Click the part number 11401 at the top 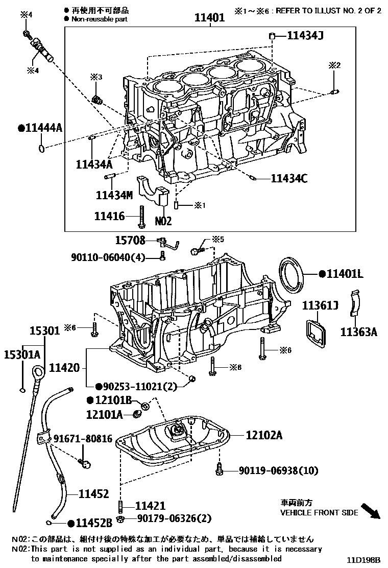(x=209, y=18)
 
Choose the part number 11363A (x=359, y=333)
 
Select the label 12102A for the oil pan (x=264, y=435)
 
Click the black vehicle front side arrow (x=371, y=511)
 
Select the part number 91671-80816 (x=83, y=439)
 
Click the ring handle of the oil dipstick (x=38, y=371)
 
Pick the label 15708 (x=130, y=240)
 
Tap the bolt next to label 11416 (x=140, y=217)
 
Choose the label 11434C (x=289, y=178)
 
